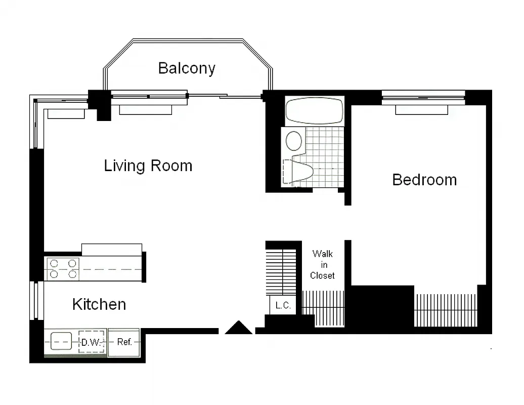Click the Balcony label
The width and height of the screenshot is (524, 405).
[187, 68]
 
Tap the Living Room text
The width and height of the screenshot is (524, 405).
[148, 166]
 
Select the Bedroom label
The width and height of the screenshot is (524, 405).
[424, 180]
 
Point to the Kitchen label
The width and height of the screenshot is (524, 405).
[99, 304]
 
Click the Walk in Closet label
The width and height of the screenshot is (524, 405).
[323, 264]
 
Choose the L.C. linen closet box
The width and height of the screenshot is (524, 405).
[282, 305]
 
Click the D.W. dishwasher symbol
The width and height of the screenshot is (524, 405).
[92, 342]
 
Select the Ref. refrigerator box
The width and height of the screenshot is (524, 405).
[124, 342]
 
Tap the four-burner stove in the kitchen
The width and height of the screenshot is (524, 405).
[63, 269]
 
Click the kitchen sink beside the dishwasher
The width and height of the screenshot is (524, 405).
[61, 342]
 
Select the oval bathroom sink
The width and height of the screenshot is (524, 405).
[294, 141]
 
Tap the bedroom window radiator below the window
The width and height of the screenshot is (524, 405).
[421, 110]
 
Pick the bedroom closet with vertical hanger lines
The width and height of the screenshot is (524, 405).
[446, 310]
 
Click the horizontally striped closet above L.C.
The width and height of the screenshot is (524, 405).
[281, 271]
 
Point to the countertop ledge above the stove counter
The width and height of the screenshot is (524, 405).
[112, 250]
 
